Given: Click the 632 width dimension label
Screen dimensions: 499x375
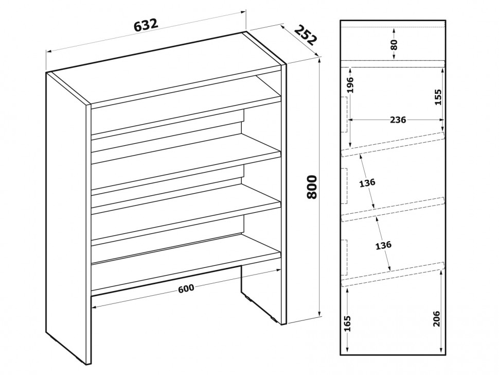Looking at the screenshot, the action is pyautogui.click(x=146, y=25).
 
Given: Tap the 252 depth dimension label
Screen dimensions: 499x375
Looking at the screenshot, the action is pyautogui.click(x=306, y=35).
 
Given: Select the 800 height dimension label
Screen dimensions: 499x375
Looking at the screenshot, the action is pyautogui.click(x=312, y=187).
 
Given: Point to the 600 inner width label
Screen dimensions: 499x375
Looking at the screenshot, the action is pyautogui.click(x=186, y=288).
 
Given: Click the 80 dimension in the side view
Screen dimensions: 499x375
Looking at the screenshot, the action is pyautogui.click(x=394, y=45).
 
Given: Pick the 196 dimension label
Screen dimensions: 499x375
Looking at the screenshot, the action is pyautogui.click(x=350, y=85).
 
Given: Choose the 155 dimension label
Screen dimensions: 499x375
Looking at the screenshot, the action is pyautogui.click(x=438, y=97).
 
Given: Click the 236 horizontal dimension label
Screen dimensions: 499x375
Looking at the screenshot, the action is pyautogui.click(x=398, y=120).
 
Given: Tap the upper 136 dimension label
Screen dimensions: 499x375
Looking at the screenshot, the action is pyautogui.click(x=367, y=182).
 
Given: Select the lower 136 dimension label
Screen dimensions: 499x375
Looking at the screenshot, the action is pyautogui.click(x=383, y=245).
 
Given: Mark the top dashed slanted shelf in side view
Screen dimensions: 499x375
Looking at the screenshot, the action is pyautogui.click(x=393, y=144).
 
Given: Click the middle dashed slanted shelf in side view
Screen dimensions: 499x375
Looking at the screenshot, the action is pyautogui.click(x=393, y=209).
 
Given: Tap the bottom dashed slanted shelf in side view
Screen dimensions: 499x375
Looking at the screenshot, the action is pyautogui.click(x=393, y=274).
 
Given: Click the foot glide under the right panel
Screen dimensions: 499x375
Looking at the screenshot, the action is pyautogui.click(x=274, y=318).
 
